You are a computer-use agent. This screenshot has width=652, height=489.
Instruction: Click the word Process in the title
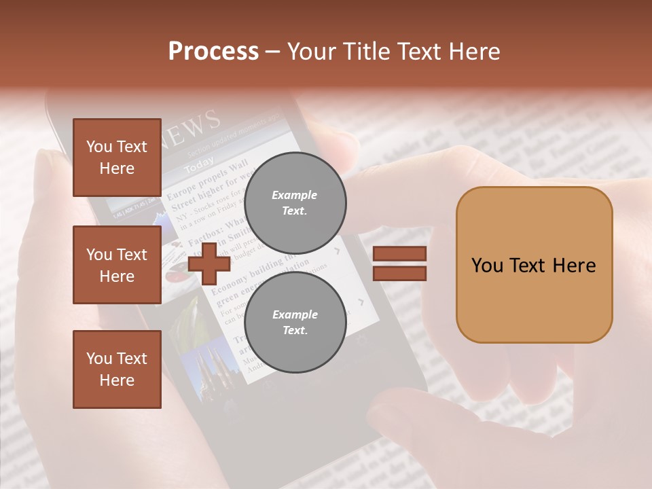coord(213,52)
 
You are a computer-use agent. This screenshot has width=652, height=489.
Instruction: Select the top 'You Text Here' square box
coord(117,158)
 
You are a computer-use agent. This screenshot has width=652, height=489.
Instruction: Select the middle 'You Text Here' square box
coord(117,265)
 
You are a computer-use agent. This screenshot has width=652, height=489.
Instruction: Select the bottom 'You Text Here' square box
coord(117,369)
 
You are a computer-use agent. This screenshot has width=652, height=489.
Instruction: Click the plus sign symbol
coord(209,264)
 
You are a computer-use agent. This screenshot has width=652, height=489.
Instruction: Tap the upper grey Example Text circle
coord(295,202)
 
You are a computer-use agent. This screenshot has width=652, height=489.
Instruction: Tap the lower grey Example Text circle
coord(295,322)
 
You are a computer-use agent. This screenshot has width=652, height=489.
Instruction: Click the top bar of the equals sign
coord(399,253)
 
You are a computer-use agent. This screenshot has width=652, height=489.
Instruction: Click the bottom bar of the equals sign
coord(399,273)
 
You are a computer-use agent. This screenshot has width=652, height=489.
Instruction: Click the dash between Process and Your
coord(273,52)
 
